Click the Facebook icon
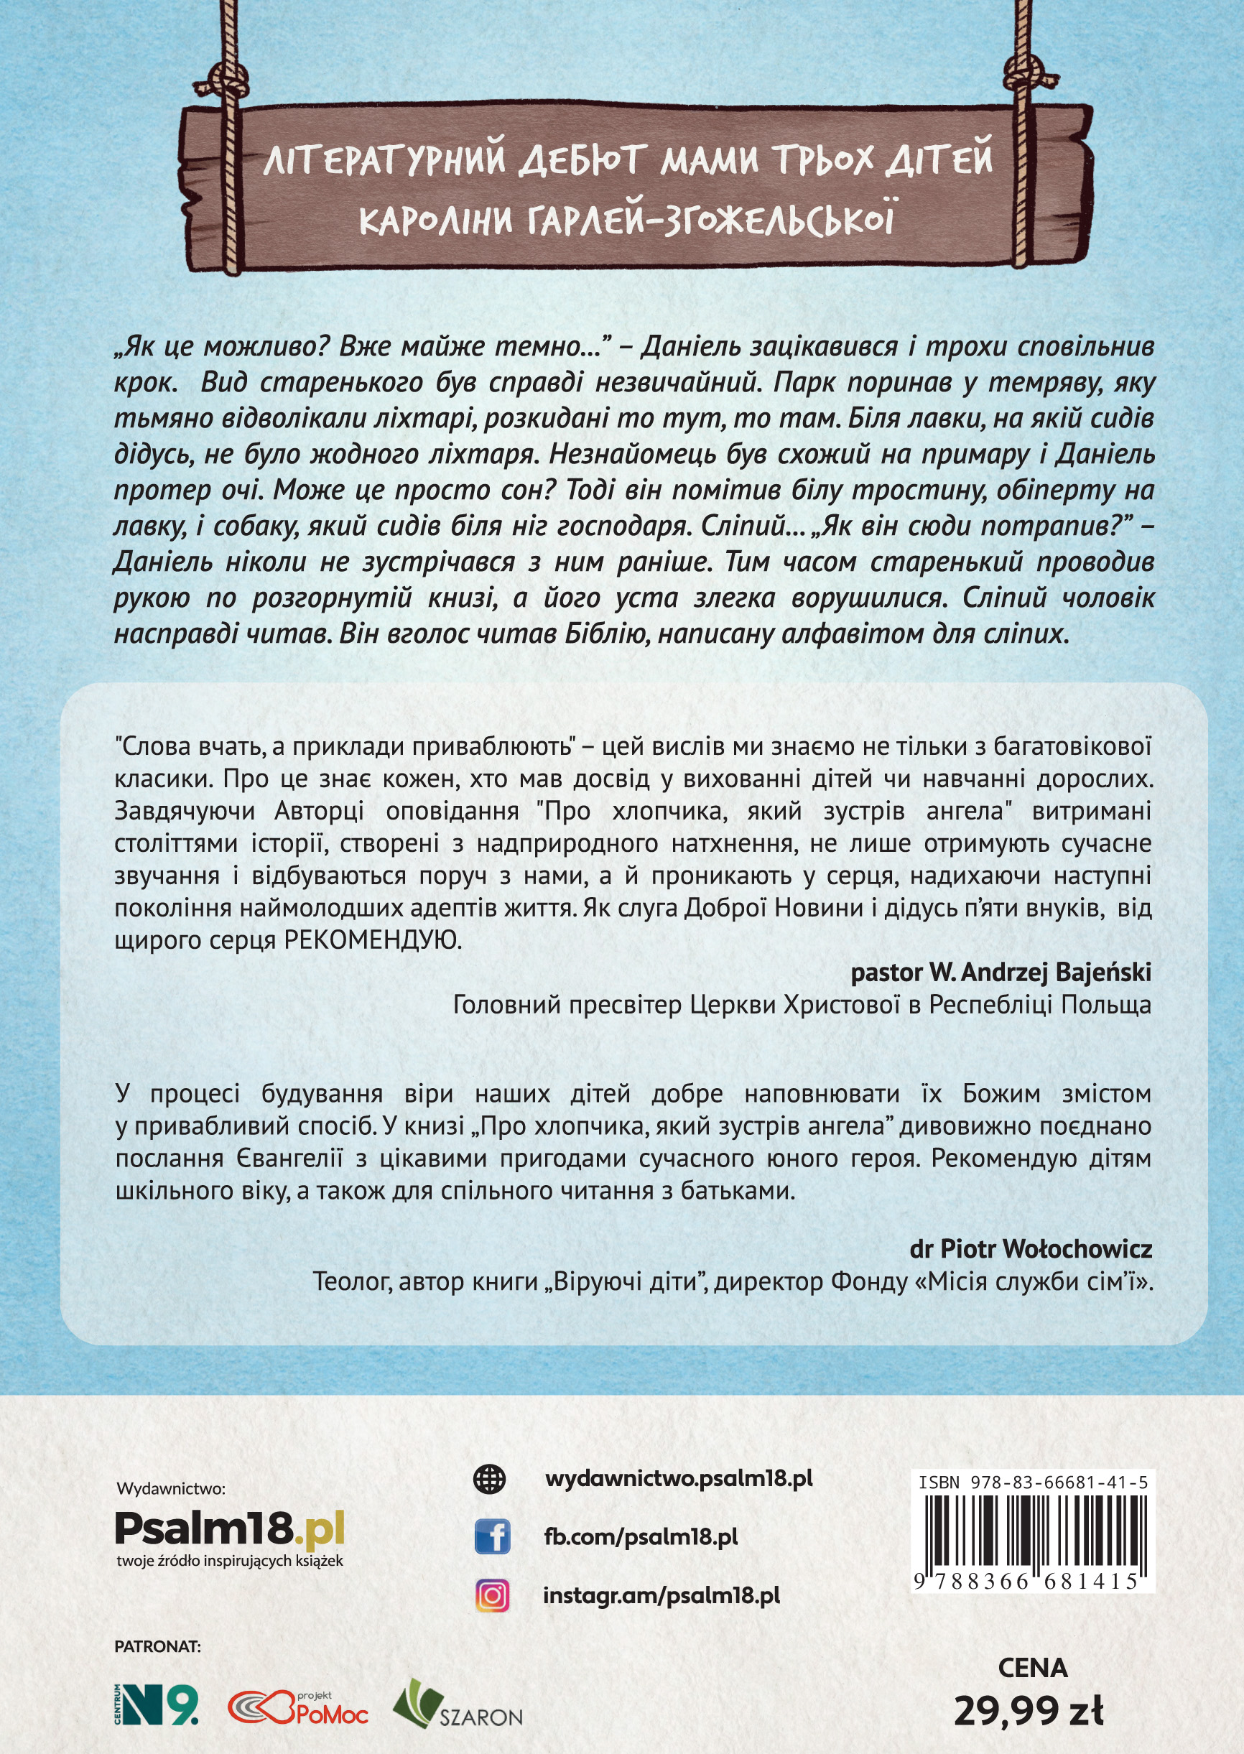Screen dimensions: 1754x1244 [x=492, y=1537]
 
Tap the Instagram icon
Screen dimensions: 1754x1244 [x=492, y=1596]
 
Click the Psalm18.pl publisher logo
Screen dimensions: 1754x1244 [x=229, y=1530]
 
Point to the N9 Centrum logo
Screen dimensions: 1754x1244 [x=157, y=1704]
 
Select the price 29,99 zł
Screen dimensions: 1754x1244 [x=1028, y=1709]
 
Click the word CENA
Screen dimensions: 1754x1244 [x=1033, y=1667]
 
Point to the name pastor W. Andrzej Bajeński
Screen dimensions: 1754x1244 [x=1001, y=973]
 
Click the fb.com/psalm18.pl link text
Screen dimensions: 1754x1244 [x=641, y=1536]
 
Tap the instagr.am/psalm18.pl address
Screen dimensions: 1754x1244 [x=661, y=1595]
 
